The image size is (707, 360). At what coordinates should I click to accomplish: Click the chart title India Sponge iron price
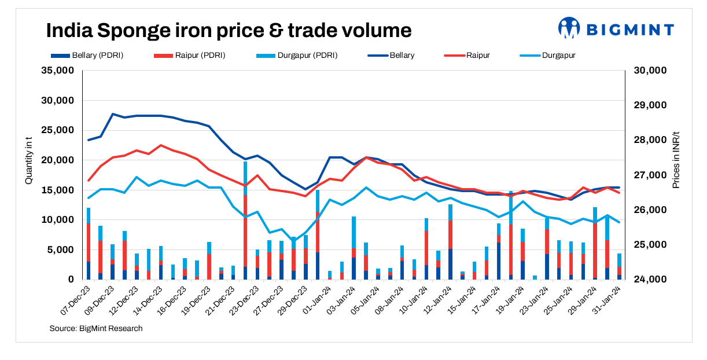click(229, 30)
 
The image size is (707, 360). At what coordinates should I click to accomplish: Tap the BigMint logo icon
click(569, 28)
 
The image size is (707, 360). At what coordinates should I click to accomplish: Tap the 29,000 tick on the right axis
click(651, 105)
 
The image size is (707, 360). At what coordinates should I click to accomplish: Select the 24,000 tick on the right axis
click(651, 280)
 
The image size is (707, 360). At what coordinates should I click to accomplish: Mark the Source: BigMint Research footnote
click(96, 329)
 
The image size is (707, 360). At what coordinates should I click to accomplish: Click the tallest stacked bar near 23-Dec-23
click(245, 220)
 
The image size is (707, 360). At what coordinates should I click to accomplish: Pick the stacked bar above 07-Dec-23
click(89, 244)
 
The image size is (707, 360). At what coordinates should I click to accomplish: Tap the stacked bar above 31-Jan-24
click(619, 267)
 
